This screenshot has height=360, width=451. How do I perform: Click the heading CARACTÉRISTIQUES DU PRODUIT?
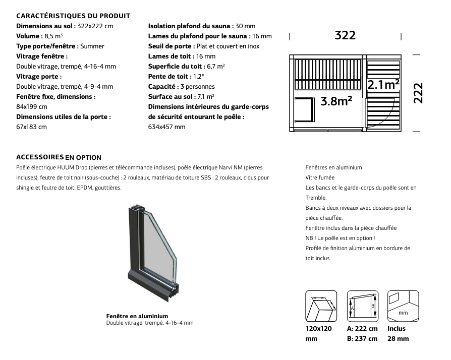(x=73, y=16)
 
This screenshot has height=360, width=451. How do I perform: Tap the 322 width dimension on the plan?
(x=345, y=35)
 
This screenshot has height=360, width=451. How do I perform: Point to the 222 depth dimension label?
(x=418, y=93)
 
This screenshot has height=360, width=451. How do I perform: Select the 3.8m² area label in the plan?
(x=336, y=101)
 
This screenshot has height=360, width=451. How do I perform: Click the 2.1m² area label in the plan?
(x=383, y=85)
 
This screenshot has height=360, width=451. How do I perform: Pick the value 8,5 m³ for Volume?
(x=52, y=36)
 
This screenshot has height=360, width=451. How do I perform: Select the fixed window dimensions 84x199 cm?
(x=32, y=107)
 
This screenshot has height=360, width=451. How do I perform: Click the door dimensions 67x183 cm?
(x=32, y=127)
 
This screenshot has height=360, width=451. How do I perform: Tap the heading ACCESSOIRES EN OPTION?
(x=59, y=157)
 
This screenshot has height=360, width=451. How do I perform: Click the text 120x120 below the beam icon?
(x=319, y=329)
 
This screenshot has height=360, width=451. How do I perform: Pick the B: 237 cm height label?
(x=362, y=339)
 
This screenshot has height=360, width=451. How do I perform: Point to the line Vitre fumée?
(x=320, y=177)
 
